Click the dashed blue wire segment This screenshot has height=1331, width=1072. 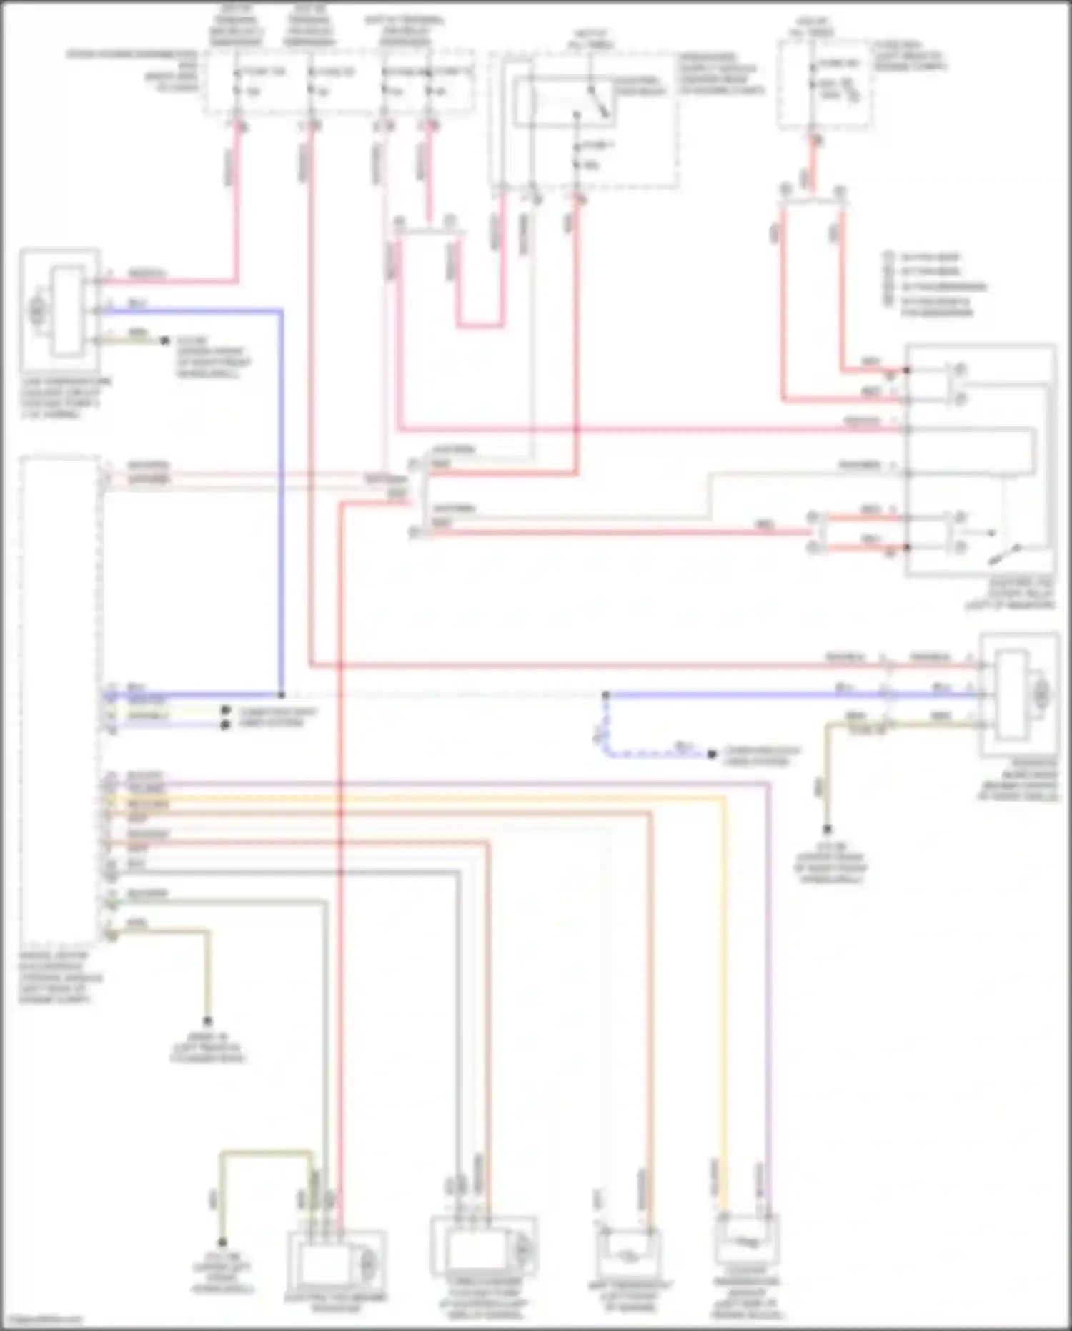(x=643, y=752)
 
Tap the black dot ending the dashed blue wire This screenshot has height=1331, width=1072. (x=712, y=754)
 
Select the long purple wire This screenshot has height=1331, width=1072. (x=768, y=1001)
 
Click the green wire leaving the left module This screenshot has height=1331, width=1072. (x=326, y=1037)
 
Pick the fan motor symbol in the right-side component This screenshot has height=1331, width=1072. (x=1042, y=692)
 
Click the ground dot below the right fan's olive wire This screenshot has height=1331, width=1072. (x=827, y=829)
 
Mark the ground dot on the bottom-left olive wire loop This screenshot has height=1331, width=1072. (x=222, y=1243)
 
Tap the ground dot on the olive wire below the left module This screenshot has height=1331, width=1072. (x=208, y=1021)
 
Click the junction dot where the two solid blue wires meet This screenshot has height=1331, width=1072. (x=282, y=694)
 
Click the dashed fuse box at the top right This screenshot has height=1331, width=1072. (x=823, y=84)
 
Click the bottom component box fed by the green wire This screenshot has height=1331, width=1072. (x=336, y=1262)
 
